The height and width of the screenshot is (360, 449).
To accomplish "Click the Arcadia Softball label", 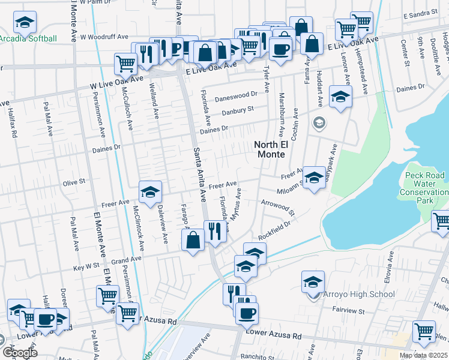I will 28,39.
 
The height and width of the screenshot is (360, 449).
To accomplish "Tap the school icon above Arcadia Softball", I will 25,23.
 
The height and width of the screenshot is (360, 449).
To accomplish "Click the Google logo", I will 19,352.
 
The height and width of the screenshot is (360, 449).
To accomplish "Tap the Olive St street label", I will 74,180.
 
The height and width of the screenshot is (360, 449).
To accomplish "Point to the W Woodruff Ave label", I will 104,37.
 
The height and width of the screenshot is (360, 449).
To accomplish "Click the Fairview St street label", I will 349,311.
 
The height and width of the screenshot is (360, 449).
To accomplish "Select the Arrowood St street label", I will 278,208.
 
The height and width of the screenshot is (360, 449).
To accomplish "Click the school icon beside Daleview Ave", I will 150,191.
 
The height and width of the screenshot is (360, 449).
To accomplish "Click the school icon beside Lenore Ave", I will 340,96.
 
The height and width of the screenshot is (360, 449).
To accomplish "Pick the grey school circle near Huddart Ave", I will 319,123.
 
